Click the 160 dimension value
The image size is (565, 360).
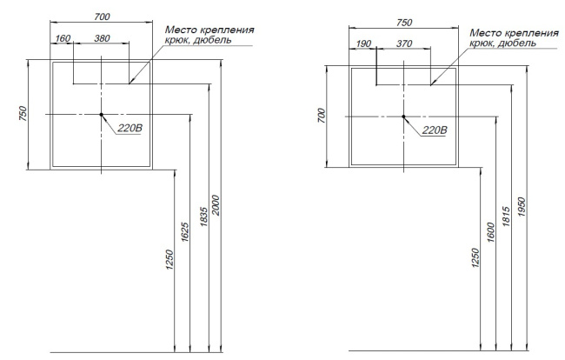pos(63,38)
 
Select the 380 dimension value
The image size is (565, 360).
pos(102,38)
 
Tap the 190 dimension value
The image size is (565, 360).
pos(363,43)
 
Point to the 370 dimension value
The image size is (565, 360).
pos(404,43)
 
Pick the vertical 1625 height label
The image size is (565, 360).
pos(184,232)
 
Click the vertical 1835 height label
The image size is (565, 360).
pos(204,217)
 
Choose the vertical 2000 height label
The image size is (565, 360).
pos(216,205)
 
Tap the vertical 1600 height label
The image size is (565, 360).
pos(491,232)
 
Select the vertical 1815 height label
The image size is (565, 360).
pos(506,217)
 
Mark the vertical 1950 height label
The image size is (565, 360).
pos(522,207)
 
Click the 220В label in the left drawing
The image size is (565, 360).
pos(130,128)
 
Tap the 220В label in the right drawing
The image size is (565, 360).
pos(435,130)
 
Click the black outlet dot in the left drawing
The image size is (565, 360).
pos(101,115)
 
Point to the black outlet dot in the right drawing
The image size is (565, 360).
pos(403,117)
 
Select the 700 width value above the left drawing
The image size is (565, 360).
pos(102,17)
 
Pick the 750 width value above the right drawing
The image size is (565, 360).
pos(404,23)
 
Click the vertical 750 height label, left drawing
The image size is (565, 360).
pos(23,114)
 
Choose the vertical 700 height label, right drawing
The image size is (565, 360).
pos(322,116)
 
